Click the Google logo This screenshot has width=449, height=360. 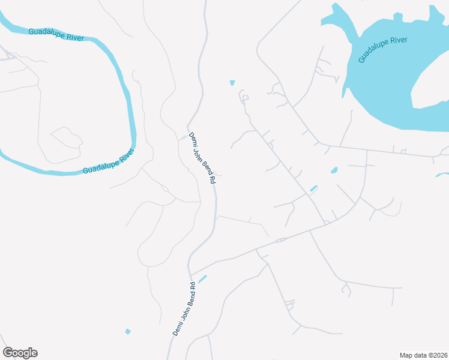coord(20,353)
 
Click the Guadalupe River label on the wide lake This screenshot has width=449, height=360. coord(383,49)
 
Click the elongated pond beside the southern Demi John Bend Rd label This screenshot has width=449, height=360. coord(202,279)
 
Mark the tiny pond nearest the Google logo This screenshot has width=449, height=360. coord(128,331)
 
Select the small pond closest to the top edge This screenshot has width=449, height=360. coord(232,83)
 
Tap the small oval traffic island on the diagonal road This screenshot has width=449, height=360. coord(280,240)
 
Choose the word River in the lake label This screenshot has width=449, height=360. coord(398,41)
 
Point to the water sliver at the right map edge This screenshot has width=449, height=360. coord(442,175)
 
